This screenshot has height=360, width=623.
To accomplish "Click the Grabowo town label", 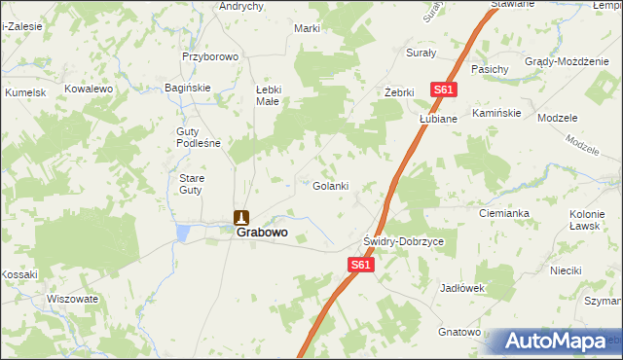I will [262, 234].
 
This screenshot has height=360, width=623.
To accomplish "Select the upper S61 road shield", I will [444, 90].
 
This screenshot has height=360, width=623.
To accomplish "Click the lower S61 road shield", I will [360, 264].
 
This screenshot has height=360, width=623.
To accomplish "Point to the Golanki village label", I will [330, 186].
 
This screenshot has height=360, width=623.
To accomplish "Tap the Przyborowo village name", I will [210, 56].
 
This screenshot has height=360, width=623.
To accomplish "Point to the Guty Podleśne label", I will [199, 137].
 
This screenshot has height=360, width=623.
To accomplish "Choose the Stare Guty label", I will [190, 184].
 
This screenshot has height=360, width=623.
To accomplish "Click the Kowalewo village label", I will [90, 89].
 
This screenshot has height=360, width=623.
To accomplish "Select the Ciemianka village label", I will [503, 212].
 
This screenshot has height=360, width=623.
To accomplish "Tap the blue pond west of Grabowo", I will [183, 233].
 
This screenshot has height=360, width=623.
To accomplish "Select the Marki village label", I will [308, 28].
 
